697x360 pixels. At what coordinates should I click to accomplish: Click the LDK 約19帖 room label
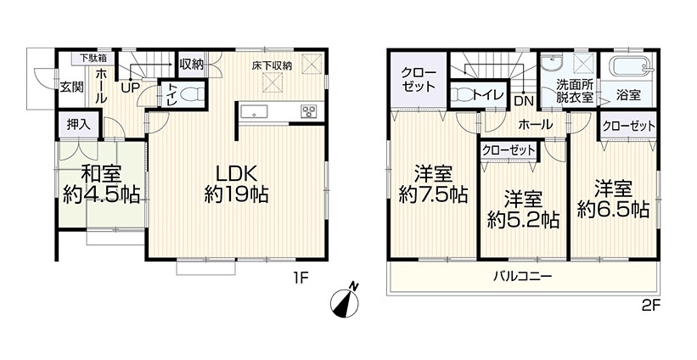[x=236, y=184]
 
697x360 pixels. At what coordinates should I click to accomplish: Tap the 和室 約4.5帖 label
[x=101, y=184]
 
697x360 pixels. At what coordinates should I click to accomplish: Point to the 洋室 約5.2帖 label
[x=523, y=210]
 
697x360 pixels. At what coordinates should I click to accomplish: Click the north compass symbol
[x=345, y=301]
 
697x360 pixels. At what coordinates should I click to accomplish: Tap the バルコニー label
[x=522, y=277]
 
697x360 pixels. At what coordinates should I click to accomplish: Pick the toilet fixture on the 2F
[x=461, y=94]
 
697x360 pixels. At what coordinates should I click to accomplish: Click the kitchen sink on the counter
[x=254, y=111]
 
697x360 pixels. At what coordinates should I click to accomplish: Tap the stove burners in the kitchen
[x=308, y=111]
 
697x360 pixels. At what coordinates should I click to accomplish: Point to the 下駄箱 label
[x=93, y=58]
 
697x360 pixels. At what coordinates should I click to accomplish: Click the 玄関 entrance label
[x=71, y=87]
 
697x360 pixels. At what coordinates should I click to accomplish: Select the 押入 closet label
[x=79, y=124]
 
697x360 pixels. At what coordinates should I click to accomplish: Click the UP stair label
[x=131, y=87]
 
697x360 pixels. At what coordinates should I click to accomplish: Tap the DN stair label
[x=525, y=101]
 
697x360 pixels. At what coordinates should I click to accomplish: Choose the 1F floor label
[x=300, y=278]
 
